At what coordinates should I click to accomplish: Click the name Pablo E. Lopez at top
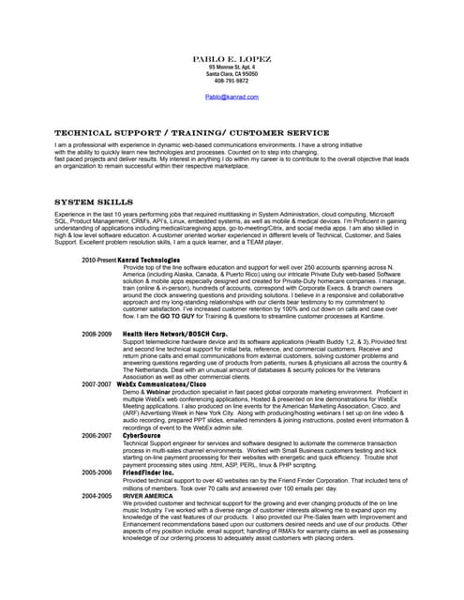tap(232, 59)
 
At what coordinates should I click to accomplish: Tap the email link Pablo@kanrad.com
tap(232, 97)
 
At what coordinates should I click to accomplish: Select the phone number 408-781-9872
tap(232, 81)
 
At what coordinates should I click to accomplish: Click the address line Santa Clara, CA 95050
tap(232, 74)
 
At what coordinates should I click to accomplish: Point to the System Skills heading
tap(95, 202)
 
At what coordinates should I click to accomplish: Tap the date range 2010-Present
tap(99, 259)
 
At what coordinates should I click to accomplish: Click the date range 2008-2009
tap(96, 334)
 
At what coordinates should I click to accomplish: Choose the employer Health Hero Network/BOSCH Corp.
tap(174, 334)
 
